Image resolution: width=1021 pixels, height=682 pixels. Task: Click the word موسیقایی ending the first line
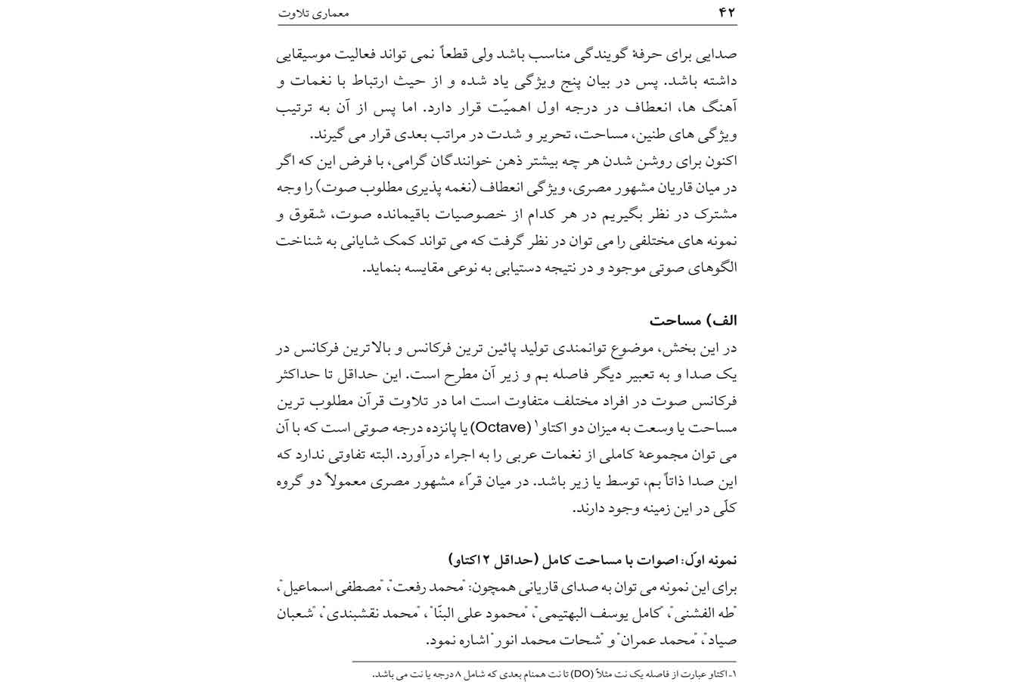pyautogui.click(x=306, y=55)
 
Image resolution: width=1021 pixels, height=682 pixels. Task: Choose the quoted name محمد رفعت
pyautogui.click(x=424, y=587)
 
